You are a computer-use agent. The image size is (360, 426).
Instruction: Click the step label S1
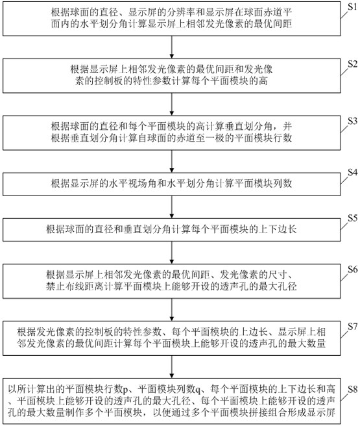pyautogui.click(x=353, y=6)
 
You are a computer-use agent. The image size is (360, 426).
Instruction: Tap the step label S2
pyautogui.click(x=353, y=64)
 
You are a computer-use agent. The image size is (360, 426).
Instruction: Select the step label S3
pyautogui.click(x=353, y=121)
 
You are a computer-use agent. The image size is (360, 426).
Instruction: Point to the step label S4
pyautogui.click(x=353, y=172)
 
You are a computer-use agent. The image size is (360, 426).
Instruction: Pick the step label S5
pyautogui.click(x=353, y=218)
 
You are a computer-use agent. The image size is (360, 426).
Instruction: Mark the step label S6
pyautogui.click(x=353, y=269)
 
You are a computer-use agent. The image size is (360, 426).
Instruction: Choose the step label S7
pyautogui.click(x=353, y=327)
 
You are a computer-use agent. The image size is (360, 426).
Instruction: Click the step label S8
pyautogui.click(x=353, y=390)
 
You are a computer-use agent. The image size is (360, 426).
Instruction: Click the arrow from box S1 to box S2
pyautogui.click(x=172, y=47)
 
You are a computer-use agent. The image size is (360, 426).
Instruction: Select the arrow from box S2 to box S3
pyautogui.click(x=172, y=104)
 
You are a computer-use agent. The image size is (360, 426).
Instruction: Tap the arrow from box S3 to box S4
pyautogui.click(x=172, y=161)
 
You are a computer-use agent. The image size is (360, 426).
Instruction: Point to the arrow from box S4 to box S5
pyautogui.click(x=172, y=207)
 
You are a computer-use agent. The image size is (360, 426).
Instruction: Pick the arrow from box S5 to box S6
pyautogui.click(x=172, y=253)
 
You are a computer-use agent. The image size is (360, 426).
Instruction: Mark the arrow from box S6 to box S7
pyautogui.click(x=172, y=310)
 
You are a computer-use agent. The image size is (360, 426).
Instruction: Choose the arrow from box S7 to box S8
pyautogui.click(x=172, y=367)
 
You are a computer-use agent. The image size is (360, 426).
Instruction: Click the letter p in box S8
pyautogui.click(x=125, y=390)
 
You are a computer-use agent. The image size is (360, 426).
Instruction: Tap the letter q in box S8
pyautogui.click(x=197, y=390)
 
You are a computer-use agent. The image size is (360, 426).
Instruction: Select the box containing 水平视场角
pyautogui.click(x=172, y=184)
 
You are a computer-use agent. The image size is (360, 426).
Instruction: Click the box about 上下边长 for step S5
pyautogui.click(x=172, y=230)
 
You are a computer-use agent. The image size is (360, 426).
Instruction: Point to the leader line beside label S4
pyautogui.click(x=344, y=180)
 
